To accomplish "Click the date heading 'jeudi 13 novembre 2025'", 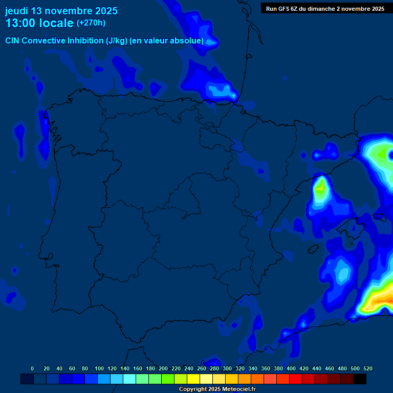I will (x=61, y=11).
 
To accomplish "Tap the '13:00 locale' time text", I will (x=39, y=23).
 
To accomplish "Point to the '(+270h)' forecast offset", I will (x=91, y=23).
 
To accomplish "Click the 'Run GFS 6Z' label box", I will (x=325, y=9).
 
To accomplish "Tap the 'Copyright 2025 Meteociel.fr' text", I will (x=217, y=389).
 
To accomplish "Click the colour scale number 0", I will (x=32, y=368).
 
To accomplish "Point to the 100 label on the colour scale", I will (x=99, y=368).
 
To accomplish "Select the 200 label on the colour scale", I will (x=163, y=368).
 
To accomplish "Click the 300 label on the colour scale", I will (x=227, y=368).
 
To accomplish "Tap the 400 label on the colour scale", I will (x=291, y=368).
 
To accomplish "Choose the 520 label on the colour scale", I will (x=367, y=368).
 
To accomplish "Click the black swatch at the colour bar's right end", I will (x=360, y=379).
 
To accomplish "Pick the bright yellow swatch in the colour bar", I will (x=193, y=379).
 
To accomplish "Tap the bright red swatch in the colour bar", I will (x=296, y=379).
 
